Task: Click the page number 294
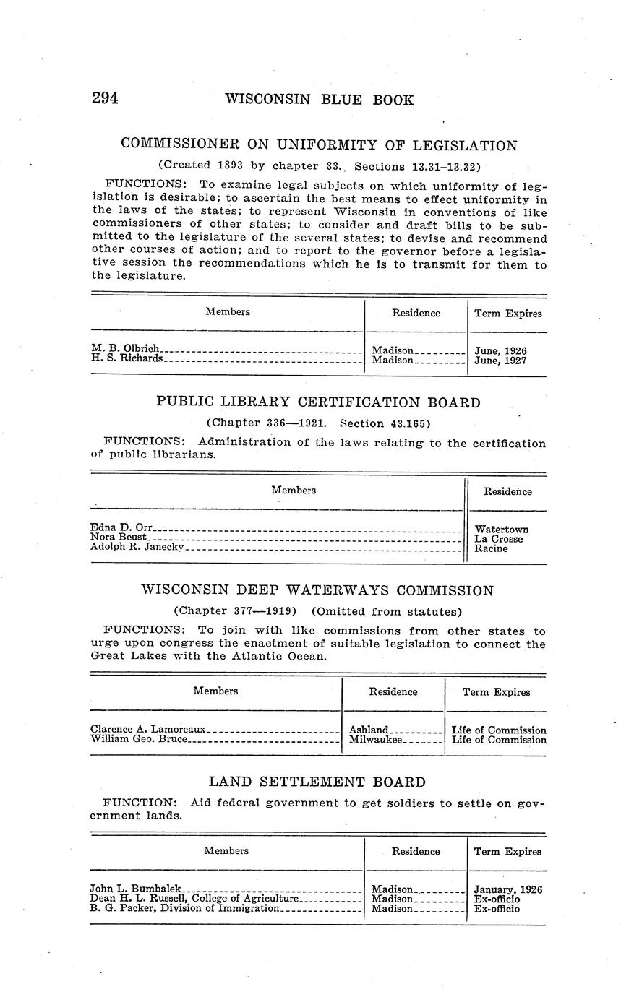105,99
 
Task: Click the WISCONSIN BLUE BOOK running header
320,100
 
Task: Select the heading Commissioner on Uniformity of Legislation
319,144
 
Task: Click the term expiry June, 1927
500,360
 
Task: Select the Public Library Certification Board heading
318,402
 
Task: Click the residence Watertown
501,530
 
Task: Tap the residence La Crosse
498,539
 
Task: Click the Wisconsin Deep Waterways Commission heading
317,590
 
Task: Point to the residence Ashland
369,730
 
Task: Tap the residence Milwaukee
376,740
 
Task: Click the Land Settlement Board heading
317,782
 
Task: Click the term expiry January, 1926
508,889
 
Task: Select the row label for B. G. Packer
184,909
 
